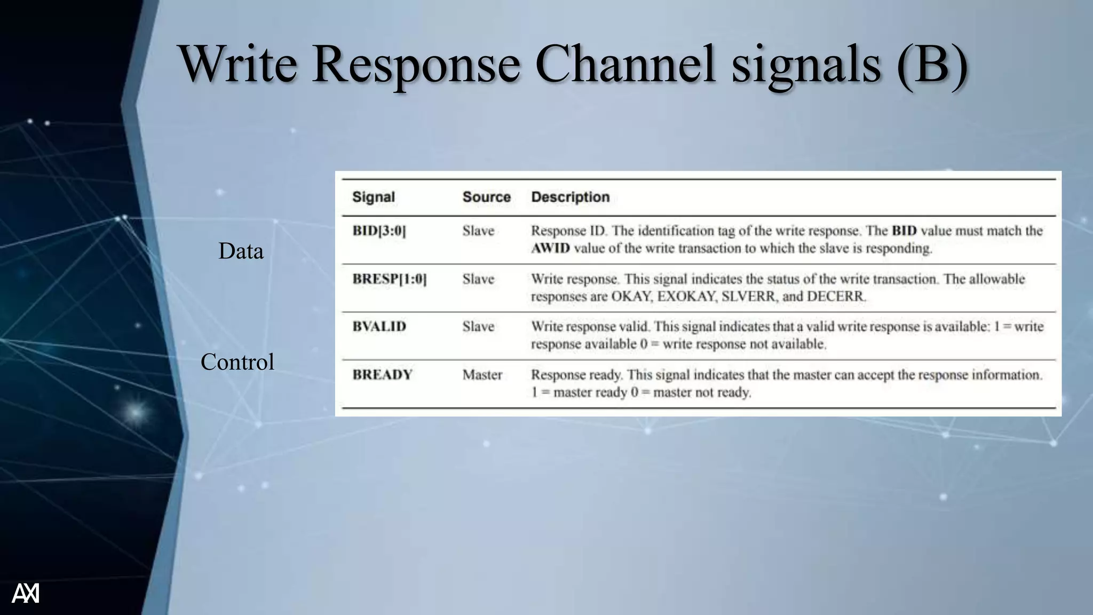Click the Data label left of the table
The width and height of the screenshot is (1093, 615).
241,251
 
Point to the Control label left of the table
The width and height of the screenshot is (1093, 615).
237,362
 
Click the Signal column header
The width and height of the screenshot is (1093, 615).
374,197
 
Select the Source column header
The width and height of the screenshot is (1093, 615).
486,197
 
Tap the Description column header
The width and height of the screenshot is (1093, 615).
570,197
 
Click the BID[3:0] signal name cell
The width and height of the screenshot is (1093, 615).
379,231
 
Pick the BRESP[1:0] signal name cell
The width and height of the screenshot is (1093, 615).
390,279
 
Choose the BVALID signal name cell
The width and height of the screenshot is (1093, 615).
379,326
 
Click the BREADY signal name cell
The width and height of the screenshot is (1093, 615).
382,375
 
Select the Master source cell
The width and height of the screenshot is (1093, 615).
482,375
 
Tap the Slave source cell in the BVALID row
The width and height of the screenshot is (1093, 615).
478,326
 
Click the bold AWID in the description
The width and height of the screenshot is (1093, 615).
550,248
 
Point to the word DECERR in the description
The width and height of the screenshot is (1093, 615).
836,296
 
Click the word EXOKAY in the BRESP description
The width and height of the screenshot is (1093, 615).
686,296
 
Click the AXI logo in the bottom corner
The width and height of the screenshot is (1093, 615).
26,593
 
